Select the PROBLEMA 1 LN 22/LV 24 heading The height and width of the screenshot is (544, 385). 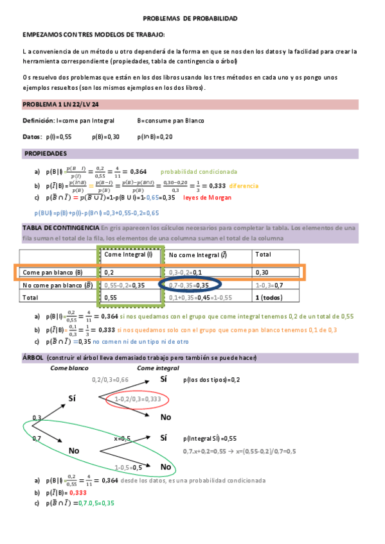coord(60,105)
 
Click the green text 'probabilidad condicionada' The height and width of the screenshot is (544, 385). coord(199,172)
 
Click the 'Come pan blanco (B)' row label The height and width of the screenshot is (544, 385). coord(53,272)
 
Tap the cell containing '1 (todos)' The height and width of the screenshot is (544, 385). coord(271,298)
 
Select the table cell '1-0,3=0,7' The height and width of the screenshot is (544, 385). coord(269,285)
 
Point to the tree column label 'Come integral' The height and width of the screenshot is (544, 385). coord(158,368)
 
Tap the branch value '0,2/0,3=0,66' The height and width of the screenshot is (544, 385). coord(111,380)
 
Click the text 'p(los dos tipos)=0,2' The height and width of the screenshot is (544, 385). coord(211,380)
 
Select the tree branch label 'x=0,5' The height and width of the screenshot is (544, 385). coord(123,438)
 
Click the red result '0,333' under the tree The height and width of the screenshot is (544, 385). coord(78,493)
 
